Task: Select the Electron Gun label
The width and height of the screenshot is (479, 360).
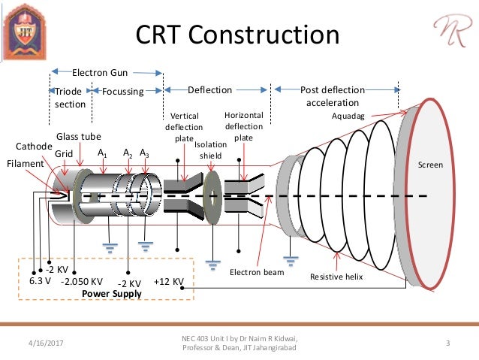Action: [99, 73]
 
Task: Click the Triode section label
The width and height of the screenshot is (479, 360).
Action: [70, 97]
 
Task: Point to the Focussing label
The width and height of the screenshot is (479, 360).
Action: [122, 90]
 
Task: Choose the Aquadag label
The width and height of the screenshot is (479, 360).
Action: [350, 116]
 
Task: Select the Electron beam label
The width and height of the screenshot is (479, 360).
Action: [257, 272]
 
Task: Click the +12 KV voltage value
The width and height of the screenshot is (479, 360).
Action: [168, 282]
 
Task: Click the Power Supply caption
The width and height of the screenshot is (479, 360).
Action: [112, 294]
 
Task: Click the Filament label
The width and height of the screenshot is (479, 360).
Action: [25, 162]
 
